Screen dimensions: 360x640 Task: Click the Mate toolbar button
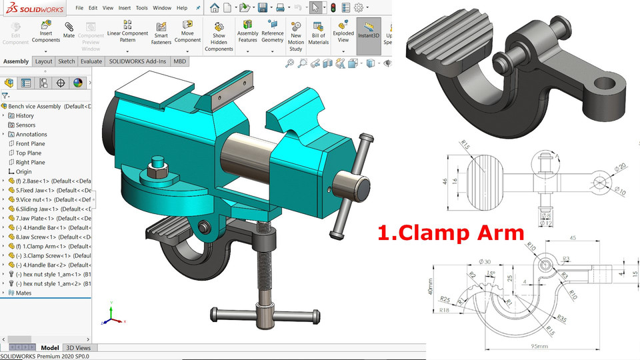pos(69,30)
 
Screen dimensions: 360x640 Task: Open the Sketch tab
pos(67,61)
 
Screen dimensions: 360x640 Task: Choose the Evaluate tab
pos(91,61)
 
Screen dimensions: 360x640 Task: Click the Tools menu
pos(141,8)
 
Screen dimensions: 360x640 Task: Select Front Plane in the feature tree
pos(30,143)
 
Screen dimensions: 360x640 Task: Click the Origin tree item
pos(23,171)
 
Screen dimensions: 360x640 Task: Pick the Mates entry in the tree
pos(23,293)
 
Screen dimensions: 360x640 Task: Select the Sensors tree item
pos(25,125)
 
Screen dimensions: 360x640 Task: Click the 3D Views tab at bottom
pos(78,348)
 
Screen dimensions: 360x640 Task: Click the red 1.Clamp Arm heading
pos(451,233)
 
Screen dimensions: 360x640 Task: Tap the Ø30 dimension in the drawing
pos(482,261)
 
